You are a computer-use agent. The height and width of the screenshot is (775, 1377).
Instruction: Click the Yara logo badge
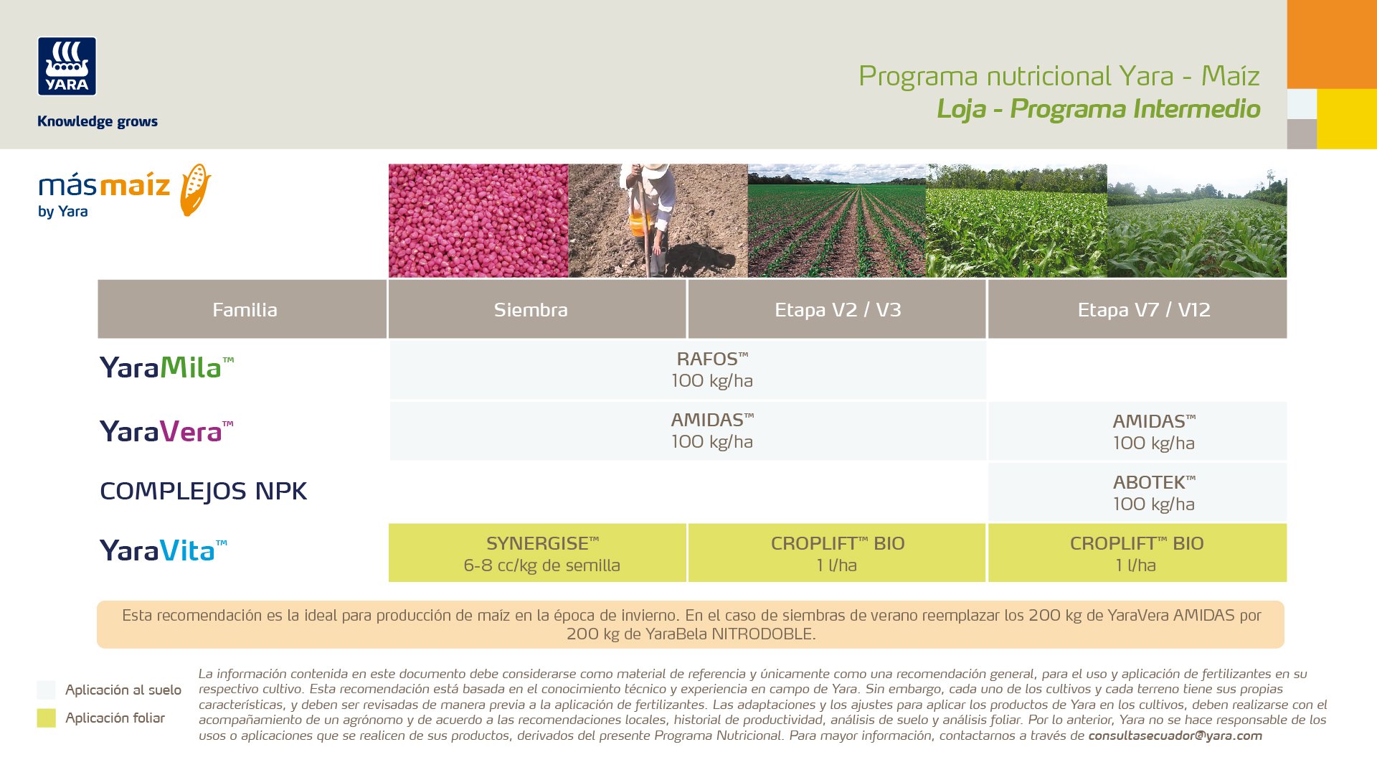[67, 66]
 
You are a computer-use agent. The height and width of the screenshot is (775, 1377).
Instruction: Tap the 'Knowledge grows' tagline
[98, 121]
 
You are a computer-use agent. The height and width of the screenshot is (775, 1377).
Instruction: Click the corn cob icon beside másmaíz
[195, 189]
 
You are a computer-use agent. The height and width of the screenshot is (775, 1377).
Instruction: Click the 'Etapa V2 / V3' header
[837, 309]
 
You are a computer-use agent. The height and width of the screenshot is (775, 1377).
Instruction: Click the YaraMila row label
[166, 367]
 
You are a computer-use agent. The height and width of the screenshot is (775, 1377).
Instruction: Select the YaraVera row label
[166, 431]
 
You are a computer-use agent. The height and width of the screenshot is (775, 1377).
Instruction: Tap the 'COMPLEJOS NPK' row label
[204, 491]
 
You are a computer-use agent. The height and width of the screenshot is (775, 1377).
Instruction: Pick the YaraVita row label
[164, 550]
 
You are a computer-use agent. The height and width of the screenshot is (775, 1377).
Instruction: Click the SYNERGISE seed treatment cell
[537, 553]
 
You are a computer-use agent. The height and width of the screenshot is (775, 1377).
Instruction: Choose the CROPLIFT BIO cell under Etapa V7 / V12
[1137, 553]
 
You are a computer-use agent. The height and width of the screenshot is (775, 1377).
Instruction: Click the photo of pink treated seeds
[478, 220]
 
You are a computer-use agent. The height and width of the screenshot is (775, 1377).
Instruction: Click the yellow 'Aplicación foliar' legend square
[46, 718]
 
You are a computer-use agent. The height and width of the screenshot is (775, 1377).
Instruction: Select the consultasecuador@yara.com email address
[1175, 736]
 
